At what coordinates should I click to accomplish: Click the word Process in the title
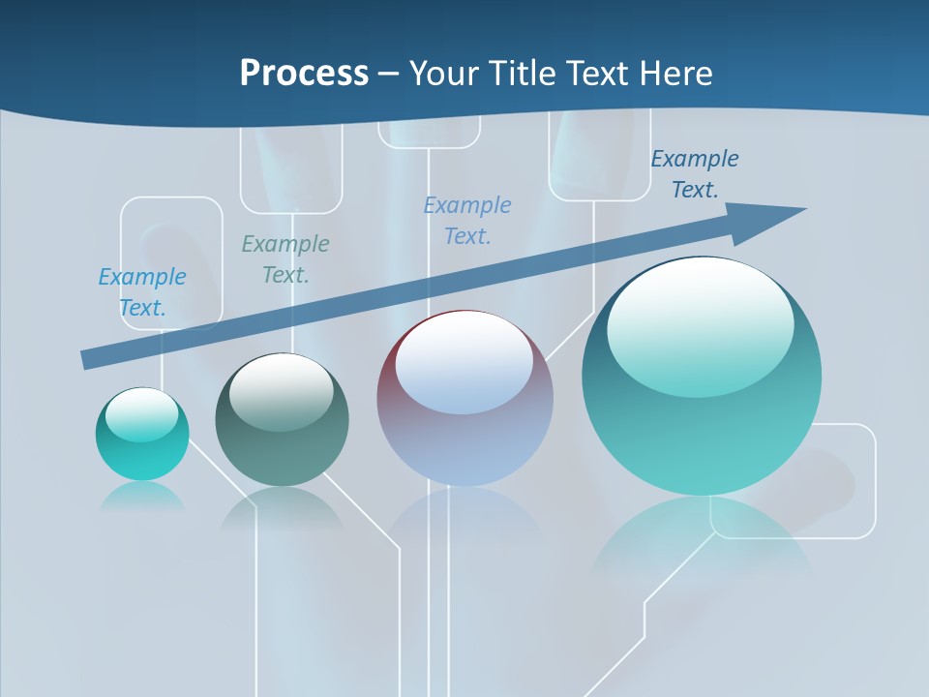(x=304, y=74)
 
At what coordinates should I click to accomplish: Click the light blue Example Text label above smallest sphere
(x=142, y=291)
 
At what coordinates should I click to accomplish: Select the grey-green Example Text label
(x=285, y=258)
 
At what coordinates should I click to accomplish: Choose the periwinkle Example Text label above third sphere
(x=467, y=220)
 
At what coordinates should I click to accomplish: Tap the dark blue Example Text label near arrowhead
(x=695, y=173)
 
